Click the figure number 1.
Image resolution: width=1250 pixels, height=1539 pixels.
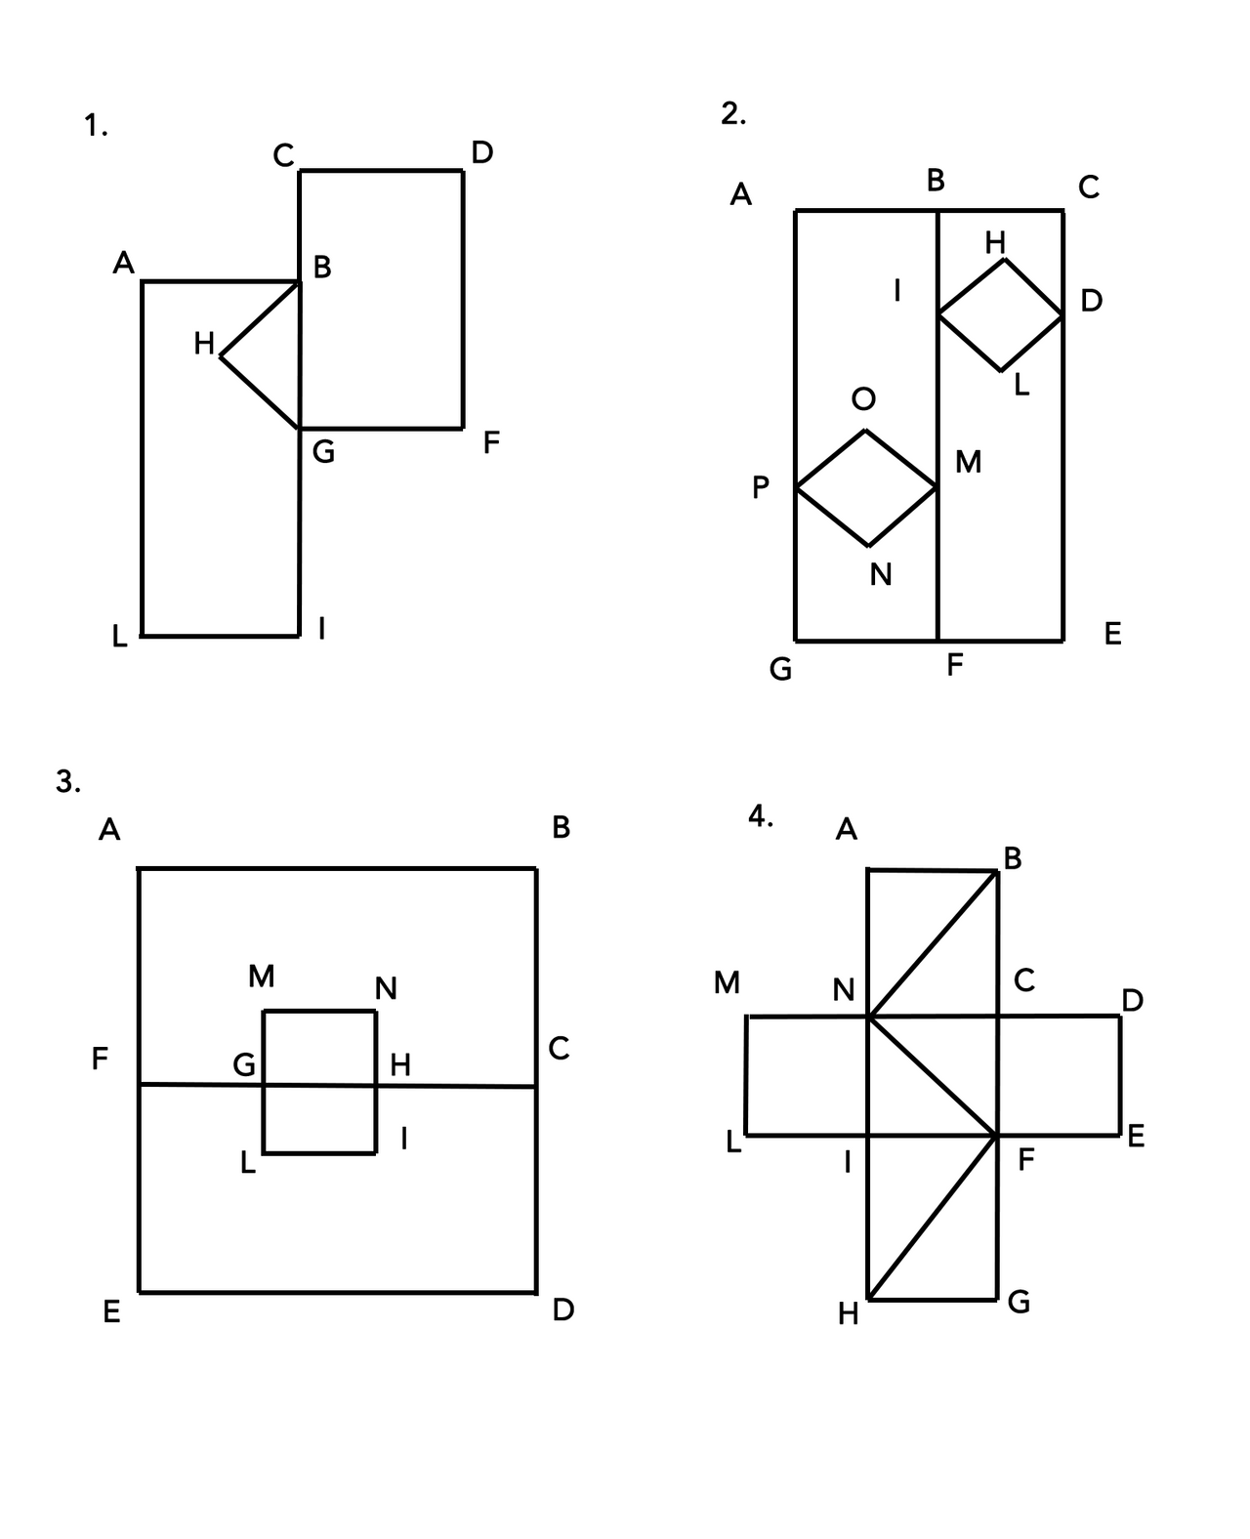coord(95,126)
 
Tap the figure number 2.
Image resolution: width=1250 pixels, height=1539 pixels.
coord(732,114)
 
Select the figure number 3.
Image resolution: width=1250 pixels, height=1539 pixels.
coord(67,781)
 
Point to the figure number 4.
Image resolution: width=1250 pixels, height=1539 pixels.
coord(760,816)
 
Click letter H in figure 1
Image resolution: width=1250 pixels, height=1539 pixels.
coord(204,344)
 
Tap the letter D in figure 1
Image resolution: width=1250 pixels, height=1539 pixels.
coord(482,152)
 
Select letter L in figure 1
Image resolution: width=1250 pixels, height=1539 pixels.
coord(119,638)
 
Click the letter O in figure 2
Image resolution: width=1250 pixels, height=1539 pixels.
coord(863,398)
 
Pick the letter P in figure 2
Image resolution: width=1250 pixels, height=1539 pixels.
coord(761,487)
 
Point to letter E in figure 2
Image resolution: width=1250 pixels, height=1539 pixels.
coord(1112,635)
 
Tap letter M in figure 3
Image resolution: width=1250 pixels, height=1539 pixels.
coord(261,976)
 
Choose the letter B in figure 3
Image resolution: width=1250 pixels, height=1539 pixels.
coord(561,828)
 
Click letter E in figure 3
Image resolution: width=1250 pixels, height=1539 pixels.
coord(111,1312)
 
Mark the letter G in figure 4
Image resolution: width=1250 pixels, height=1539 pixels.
coord(1019,1302)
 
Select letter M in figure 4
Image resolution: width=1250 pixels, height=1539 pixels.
coord(727,982)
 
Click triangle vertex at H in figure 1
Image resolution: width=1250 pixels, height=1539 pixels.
coord(222,357)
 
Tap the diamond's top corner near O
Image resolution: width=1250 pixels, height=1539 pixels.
coord(865,431)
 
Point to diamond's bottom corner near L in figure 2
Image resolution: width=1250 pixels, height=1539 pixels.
coord(1001,371)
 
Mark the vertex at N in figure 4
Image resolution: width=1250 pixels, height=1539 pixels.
coord(868,1017)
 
